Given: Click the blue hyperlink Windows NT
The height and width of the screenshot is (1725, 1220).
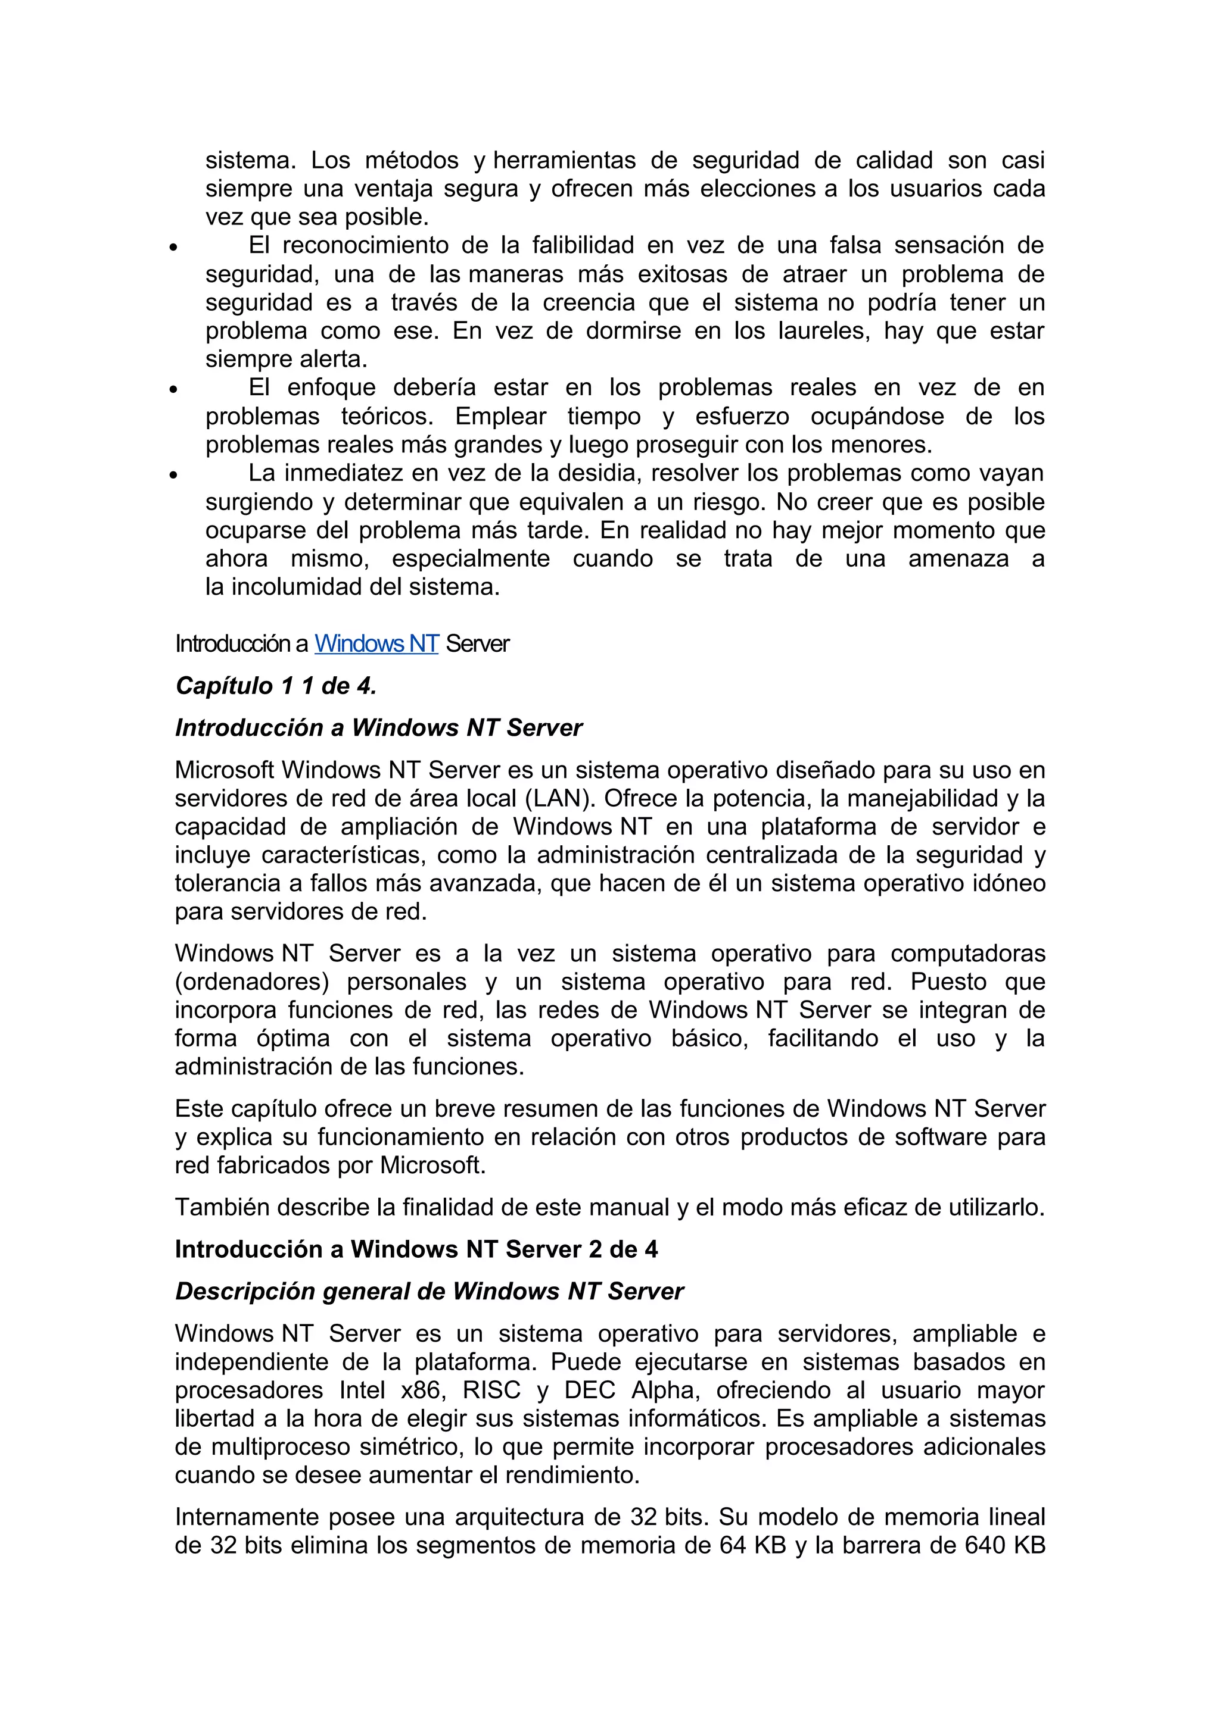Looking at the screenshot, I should click(376, 644).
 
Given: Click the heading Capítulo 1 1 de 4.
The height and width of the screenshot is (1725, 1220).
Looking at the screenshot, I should click(276, 686).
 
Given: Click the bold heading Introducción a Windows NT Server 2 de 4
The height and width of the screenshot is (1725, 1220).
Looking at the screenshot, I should click(416, 1249).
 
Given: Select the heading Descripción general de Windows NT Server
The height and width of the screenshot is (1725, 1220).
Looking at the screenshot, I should click(430, 1292).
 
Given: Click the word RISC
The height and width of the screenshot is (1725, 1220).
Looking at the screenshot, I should click(491, 1390).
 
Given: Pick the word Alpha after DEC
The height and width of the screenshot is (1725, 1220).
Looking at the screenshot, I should click(666, 1390).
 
